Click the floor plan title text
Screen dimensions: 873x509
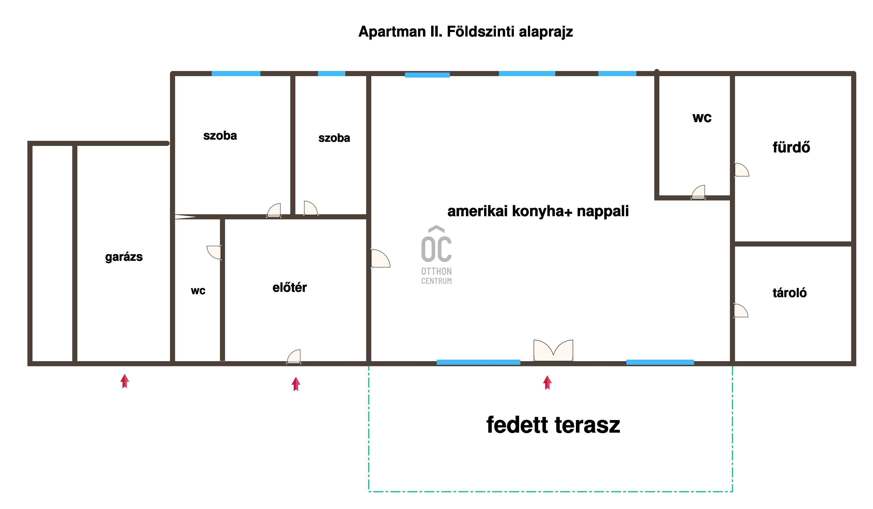point(465,32)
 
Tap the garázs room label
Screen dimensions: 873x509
point(124,257)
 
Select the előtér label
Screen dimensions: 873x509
point(290,287)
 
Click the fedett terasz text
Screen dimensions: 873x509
point(553,425)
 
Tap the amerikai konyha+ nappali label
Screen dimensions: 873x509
point(538,211)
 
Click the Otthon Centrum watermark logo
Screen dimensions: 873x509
point(436,255)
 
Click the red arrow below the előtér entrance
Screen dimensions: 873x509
point(296,384)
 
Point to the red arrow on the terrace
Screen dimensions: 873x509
point(547,383)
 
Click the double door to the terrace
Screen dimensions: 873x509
point(553,350)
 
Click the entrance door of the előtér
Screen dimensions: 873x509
point(294,357)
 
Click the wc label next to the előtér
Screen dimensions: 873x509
point(198,291)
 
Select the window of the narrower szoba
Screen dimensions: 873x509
point(331,73)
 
